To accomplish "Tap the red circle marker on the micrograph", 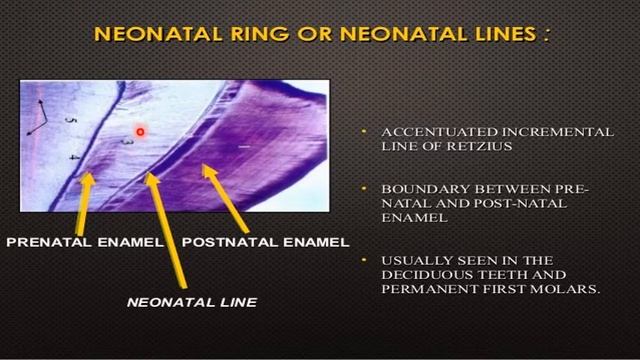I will click(x=141, y=131).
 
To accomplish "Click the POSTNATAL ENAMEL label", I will click(x=265, y=241).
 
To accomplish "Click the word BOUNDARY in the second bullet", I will click(x=409, y=189).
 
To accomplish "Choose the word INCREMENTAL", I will click(x=520, y=132).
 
